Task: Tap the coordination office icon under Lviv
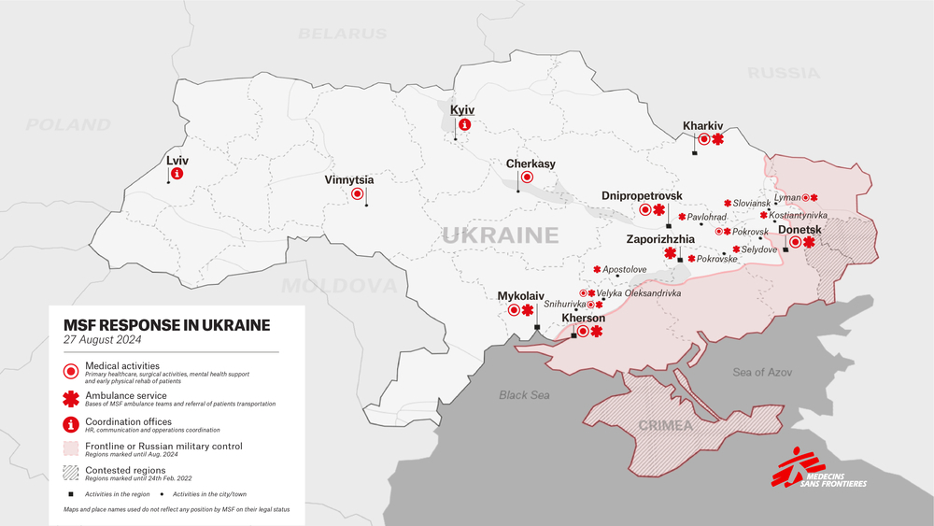point(177,174)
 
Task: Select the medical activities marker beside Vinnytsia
point(357,194)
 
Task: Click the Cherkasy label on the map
point(531,163)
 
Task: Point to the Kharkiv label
point(703,125)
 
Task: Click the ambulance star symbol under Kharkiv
point(718,140)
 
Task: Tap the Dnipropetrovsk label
point(642,195)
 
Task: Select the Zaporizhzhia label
point(660,239)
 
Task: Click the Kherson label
point(584,318)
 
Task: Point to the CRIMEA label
point(665,426)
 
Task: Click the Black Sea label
point(523,395)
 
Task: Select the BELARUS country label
point(342,34)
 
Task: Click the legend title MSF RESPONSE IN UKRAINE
point(167,325)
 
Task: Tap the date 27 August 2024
point(103,340)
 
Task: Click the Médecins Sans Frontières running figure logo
point(788,466)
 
